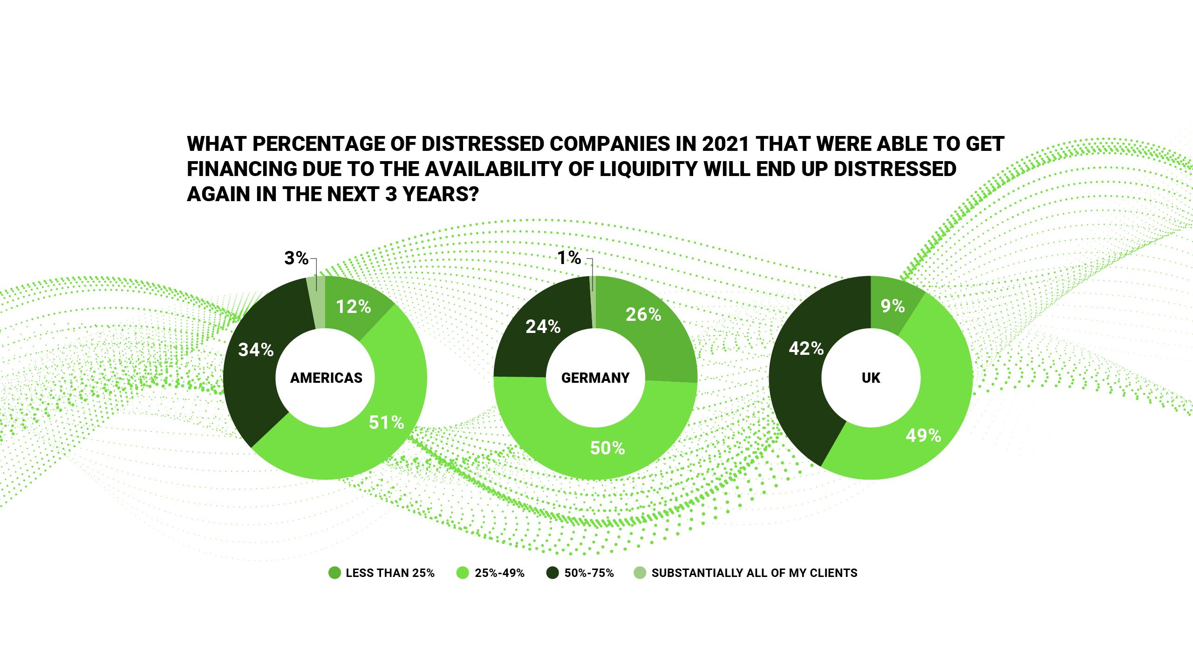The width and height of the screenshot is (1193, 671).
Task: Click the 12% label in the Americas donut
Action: click(x=354, y=307)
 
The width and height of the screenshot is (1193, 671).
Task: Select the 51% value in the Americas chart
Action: click(x=386, y=423)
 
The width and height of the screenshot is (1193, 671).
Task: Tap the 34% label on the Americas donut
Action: click(x=256, y=350)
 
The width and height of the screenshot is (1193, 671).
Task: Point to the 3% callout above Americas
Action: click(x=296, y=258)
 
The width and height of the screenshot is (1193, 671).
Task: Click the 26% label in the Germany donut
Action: click(x=643, y=315)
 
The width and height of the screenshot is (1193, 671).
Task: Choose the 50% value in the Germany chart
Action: click(x=607, y=448)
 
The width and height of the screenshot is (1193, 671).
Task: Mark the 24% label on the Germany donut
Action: click(x=543, y=327)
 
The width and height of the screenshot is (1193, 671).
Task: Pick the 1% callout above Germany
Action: click(x=569, y=258)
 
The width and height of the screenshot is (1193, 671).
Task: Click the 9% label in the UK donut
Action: click(x=893, y=306)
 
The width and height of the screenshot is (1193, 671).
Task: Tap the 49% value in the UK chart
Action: click(x=923, y=436)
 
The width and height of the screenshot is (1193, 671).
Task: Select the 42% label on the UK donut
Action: click(x=806, y=348)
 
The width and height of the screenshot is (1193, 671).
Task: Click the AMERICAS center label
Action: click(x=326, y=378)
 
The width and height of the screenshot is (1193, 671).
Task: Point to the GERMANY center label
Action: click(x=595, y=378)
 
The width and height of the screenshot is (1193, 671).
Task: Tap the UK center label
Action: click(x=871, y=378)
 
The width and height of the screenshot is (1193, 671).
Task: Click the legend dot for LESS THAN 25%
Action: click(x=334, y=573)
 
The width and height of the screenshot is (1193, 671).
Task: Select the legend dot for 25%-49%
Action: click(x=463, y=573)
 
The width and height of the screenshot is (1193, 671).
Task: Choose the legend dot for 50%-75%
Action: click(x=552, y=573)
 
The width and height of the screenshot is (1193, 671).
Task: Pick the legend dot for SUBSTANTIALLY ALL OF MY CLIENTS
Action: click(x=640, y=573)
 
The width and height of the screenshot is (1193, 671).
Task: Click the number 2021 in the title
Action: click(x=725, y=144)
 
